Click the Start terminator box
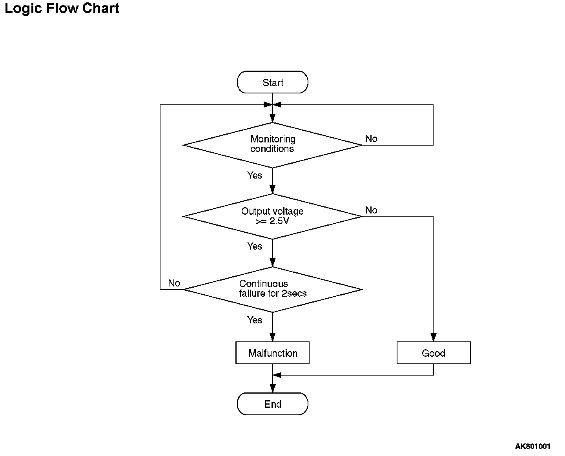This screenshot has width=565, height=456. coord(273,82)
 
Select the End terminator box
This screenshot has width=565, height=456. coord(273,404)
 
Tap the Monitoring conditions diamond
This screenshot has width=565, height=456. coord(273,145)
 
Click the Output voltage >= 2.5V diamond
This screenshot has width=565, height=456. coord(273,217)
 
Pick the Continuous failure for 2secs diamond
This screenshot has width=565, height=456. coord(273,290)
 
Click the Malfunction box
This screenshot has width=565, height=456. coord(273,353)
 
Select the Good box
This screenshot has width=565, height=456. coord(434,353)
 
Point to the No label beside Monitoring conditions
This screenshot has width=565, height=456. coord(371,139)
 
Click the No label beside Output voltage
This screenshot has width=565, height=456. coord(371,210)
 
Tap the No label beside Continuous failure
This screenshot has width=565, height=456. coord(174,283)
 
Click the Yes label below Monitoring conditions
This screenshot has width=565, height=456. coord(255,175)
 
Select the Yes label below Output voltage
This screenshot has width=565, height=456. coord(255,246)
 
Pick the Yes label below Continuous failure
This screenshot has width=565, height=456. coord(255,320)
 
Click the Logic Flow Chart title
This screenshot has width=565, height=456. coord(62,9)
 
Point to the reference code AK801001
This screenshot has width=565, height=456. coord(532,446)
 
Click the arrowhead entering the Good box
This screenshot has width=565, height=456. coord(434,337)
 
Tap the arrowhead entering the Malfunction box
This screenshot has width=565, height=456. coord(273,337)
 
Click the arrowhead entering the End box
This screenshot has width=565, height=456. coord(273,389)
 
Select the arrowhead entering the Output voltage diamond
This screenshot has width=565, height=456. coord(273,190)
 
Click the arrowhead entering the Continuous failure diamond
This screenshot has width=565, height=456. coord(273,263)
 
